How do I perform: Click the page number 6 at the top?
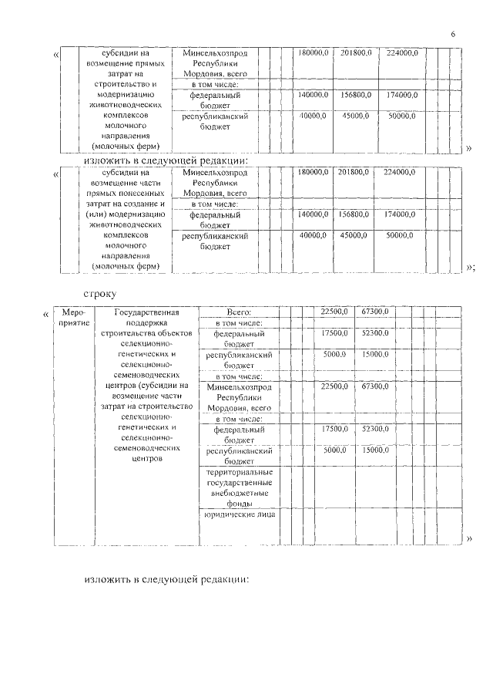[x=452, y=35]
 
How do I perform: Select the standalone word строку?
[x=101, y=293]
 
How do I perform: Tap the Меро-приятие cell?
[x=75, y=317]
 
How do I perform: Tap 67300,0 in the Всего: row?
[x=374, y=312]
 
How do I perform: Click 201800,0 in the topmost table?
[x=356, y=53]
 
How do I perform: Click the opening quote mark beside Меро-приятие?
[x=47, y=314]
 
